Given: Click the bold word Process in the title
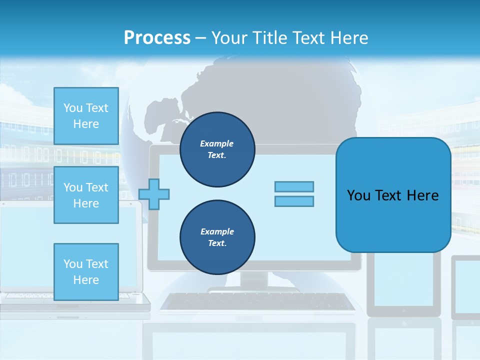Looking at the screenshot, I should tap(157, 38).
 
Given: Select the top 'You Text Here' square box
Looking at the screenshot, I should tap(86, 116).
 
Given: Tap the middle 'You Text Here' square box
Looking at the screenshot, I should tap(86, 195).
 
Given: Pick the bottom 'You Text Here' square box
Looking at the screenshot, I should tap(86, 271).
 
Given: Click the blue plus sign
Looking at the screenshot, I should tap(154, 194).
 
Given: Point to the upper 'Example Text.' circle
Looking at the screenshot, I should tap(217, 149).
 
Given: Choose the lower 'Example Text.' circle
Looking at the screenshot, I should tap(217, 237).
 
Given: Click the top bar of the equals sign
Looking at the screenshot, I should tap(294, 186).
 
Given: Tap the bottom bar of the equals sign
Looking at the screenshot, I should tap(294, 201).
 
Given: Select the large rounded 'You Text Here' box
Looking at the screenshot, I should tap(393, 195).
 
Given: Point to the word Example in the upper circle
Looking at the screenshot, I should tap(216, 143).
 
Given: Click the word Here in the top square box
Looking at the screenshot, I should tap(86, 124).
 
